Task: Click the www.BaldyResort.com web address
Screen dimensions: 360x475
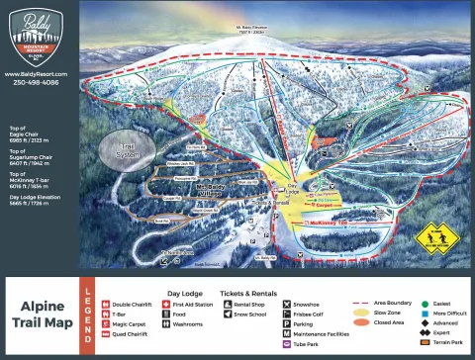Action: tap(37, 74)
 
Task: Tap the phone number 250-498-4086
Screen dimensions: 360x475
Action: tap(37, 83)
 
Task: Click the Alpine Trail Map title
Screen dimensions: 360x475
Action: tap(41, 315)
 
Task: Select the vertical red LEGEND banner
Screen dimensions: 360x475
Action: tap(87, 315)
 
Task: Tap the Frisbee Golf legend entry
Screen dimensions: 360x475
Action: tap(312, 315)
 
